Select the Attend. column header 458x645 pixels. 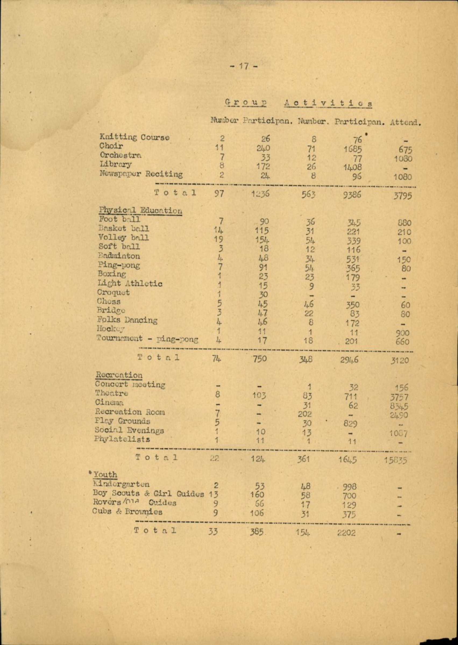tap(406, 123)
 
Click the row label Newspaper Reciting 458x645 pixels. tap(141, 174)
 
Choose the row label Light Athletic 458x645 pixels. tap(130, 283)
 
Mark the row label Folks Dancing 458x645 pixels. tap(127, 320)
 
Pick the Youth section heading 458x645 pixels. tap(105, 475)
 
